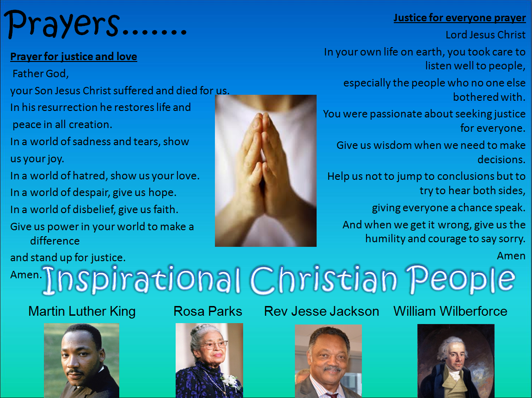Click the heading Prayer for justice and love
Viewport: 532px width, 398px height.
tap(73, 56)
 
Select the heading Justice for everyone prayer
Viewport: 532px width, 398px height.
tap(459, 18)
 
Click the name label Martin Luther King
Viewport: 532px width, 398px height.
tap(82, 311)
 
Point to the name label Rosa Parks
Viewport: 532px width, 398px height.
tap(208, 311)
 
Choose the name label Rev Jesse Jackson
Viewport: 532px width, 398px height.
tap(321, 311)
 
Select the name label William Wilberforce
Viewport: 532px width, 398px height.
tap(450, 311)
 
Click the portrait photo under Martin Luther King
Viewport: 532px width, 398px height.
tap(81, 361)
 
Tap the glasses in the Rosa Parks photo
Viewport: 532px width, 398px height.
tap(215, 345)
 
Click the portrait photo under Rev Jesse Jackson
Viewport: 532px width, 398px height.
tap(328, 361)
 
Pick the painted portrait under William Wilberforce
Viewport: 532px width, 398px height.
tap(456, 361)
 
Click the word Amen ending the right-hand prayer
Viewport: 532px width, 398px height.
tap(511, 256)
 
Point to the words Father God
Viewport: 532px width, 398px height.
tap(41, 73)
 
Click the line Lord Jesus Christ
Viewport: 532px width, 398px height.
tap(485, 35)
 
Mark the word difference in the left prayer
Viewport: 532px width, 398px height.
tap(55, 241)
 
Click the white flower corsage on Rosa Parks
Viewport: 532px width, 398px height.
tap(230, 380)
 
